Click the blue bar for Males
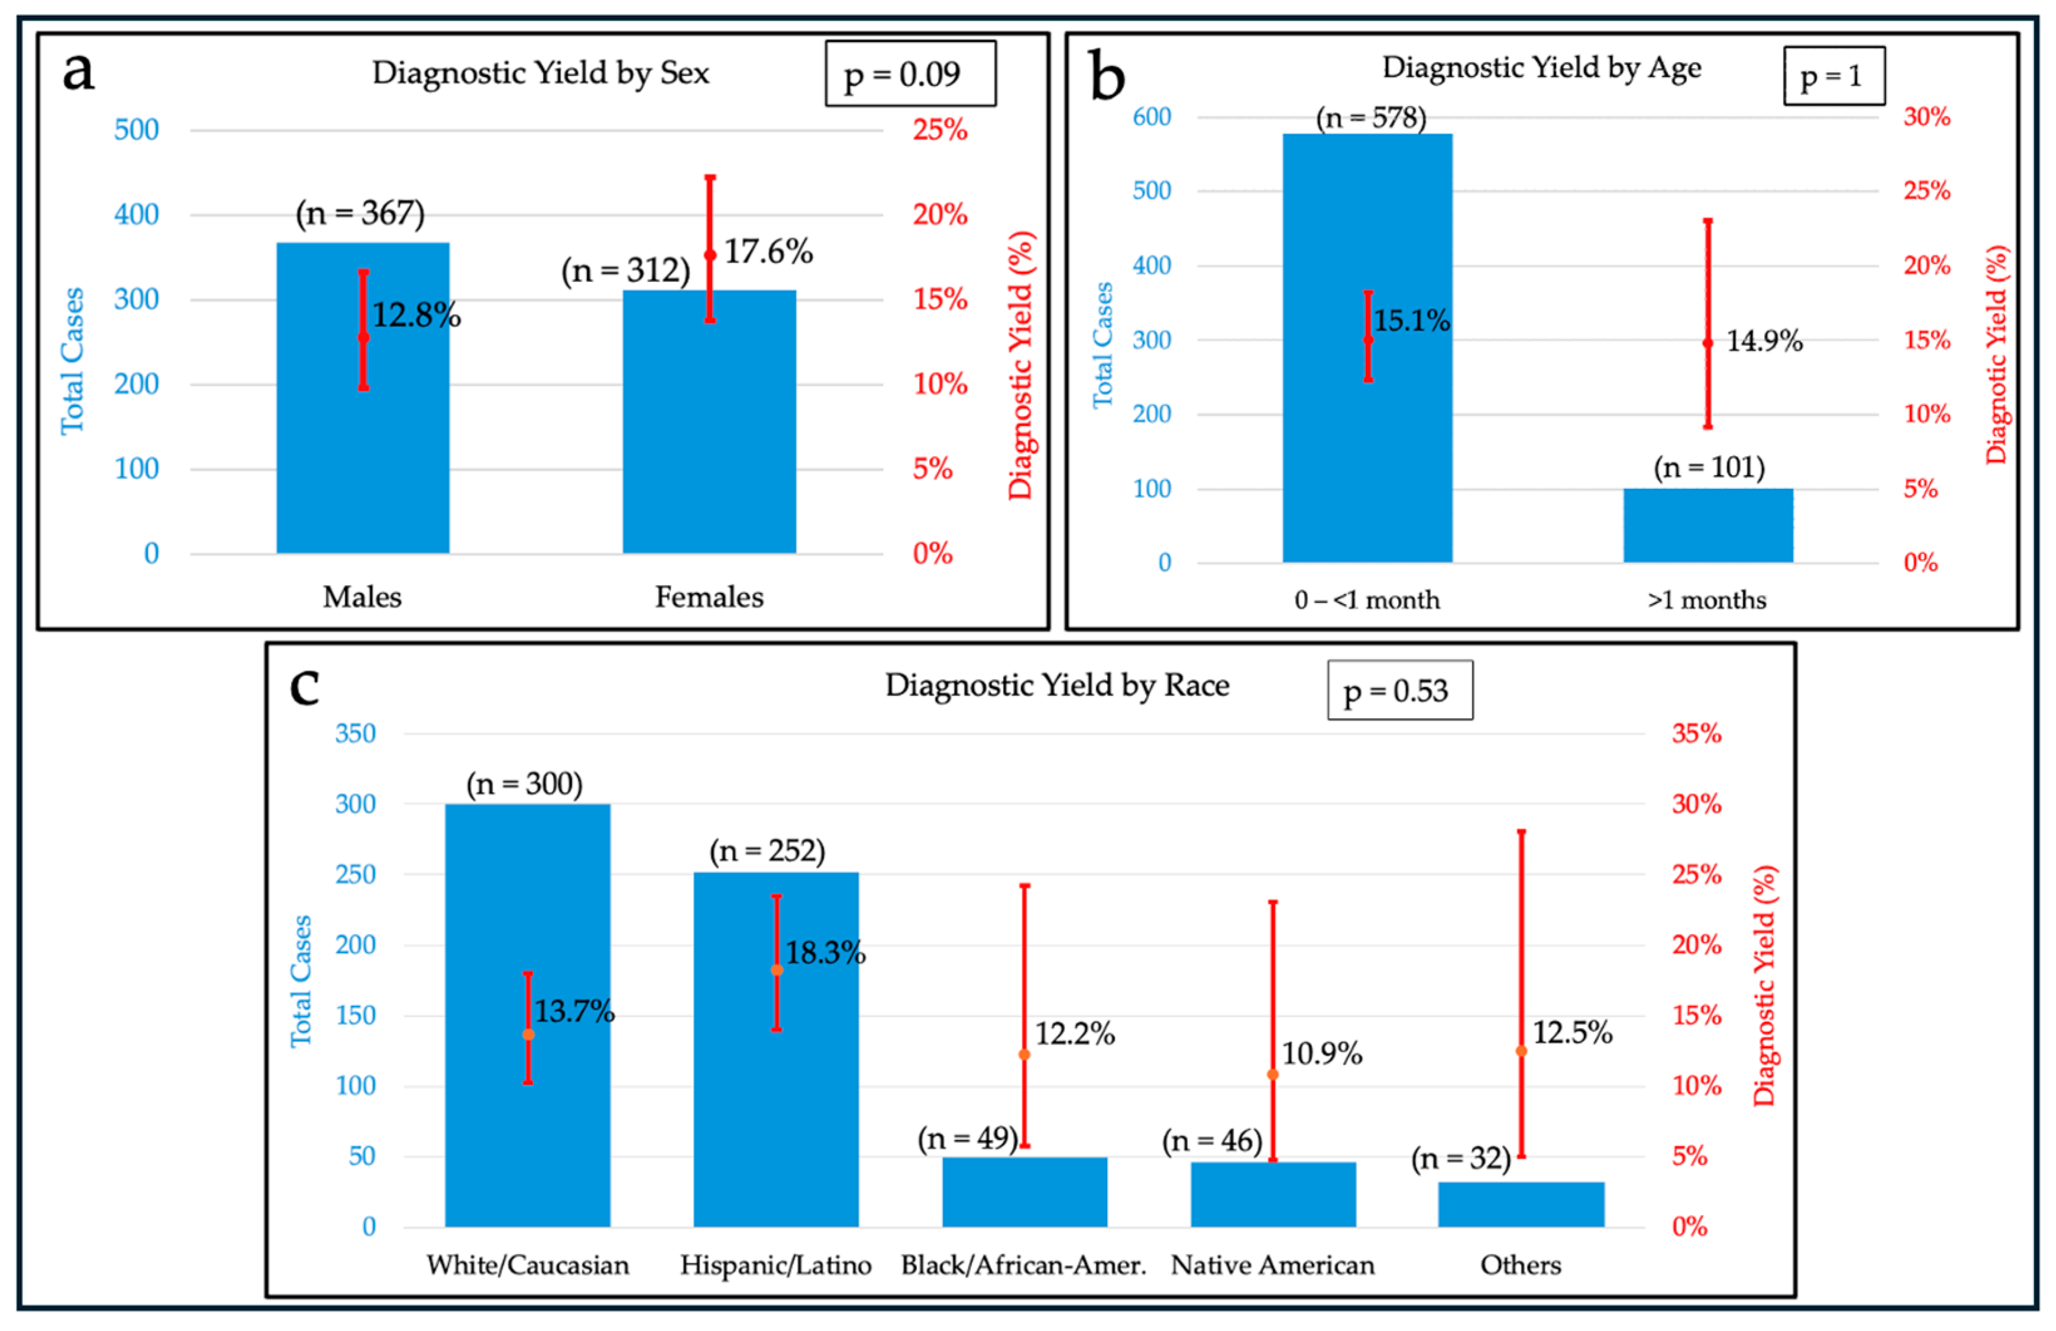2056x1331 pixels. tap(363, 397)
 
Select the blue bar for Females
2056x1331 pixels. tap(709, 422)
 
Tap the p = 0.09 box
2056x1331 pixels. tap(911, 73)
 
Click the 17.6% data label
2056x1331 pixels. tap(768, 252)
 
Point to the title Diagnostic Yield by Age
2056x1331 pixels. tap(1542, 68)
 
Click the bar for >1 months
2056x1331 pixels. tap(1708, 525)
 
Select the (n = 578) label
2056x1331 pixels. tap(1371, 117)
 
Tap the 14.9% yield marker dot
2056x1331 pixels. tap(1708, 343)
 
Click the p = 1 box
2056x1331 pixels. tap(1835, 76)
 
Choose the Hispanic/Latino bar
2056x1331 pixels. tap(776, 1050)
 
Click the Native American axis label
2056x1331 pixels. tap(1272, 1265)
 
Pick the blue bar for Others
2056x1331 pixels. tap(1521, 1204)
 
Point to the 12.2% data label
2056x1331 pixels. tap(1074, 1033)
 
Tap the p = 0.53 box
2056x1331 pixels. tap(1400, 690)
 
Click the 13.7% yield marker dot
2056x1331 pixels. tap(528, 1035)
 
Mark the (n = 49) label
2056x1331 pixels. tap(968, 1139)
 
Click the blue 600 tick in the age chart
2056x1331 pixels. tap(1151, 117)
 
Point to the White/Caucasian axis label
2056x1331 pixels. tap(528, 1265)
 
